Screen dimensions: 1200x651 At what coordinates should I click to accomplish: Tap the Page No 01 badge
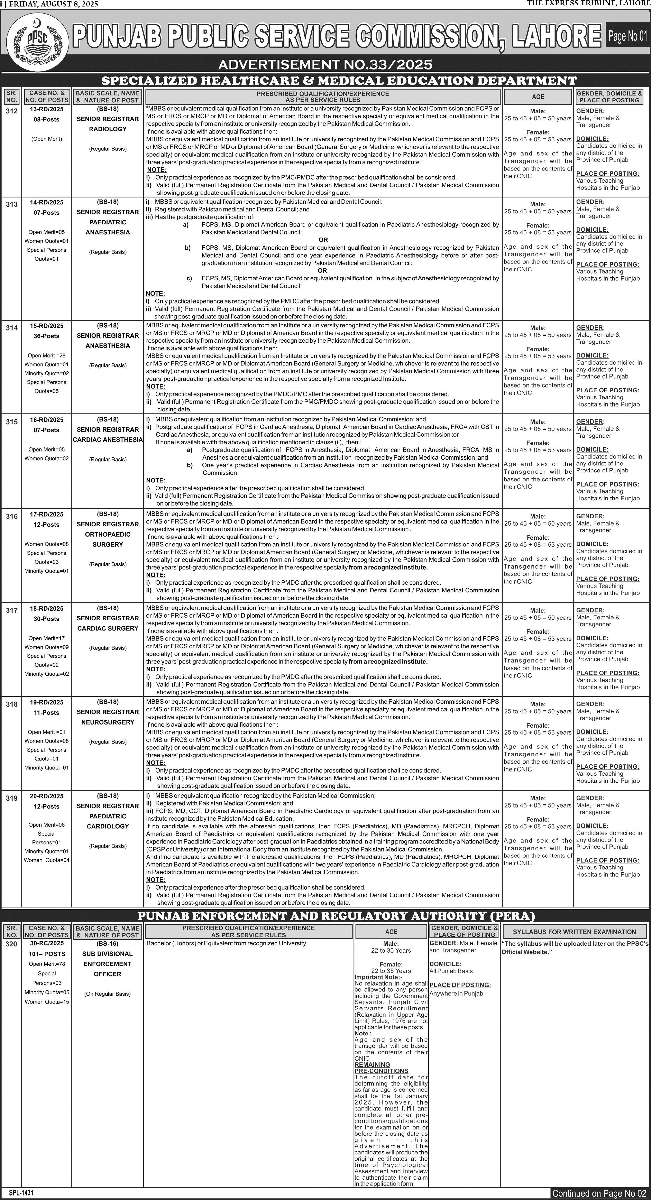(627, 36)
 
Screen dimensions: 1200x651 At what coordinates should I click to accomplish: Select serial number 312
(12, 111)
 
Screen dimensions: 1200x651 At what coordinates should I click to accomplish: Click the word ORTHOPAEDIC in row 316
(108, 534)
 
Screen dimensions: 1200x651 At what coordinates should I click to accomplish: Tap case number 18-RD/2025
(47, 608)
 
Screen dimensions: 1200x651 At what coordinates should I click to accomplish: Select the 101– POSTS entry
(47, 954)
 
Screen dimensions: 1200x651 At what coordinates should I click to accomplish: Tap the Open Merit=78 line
(47, 964)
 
